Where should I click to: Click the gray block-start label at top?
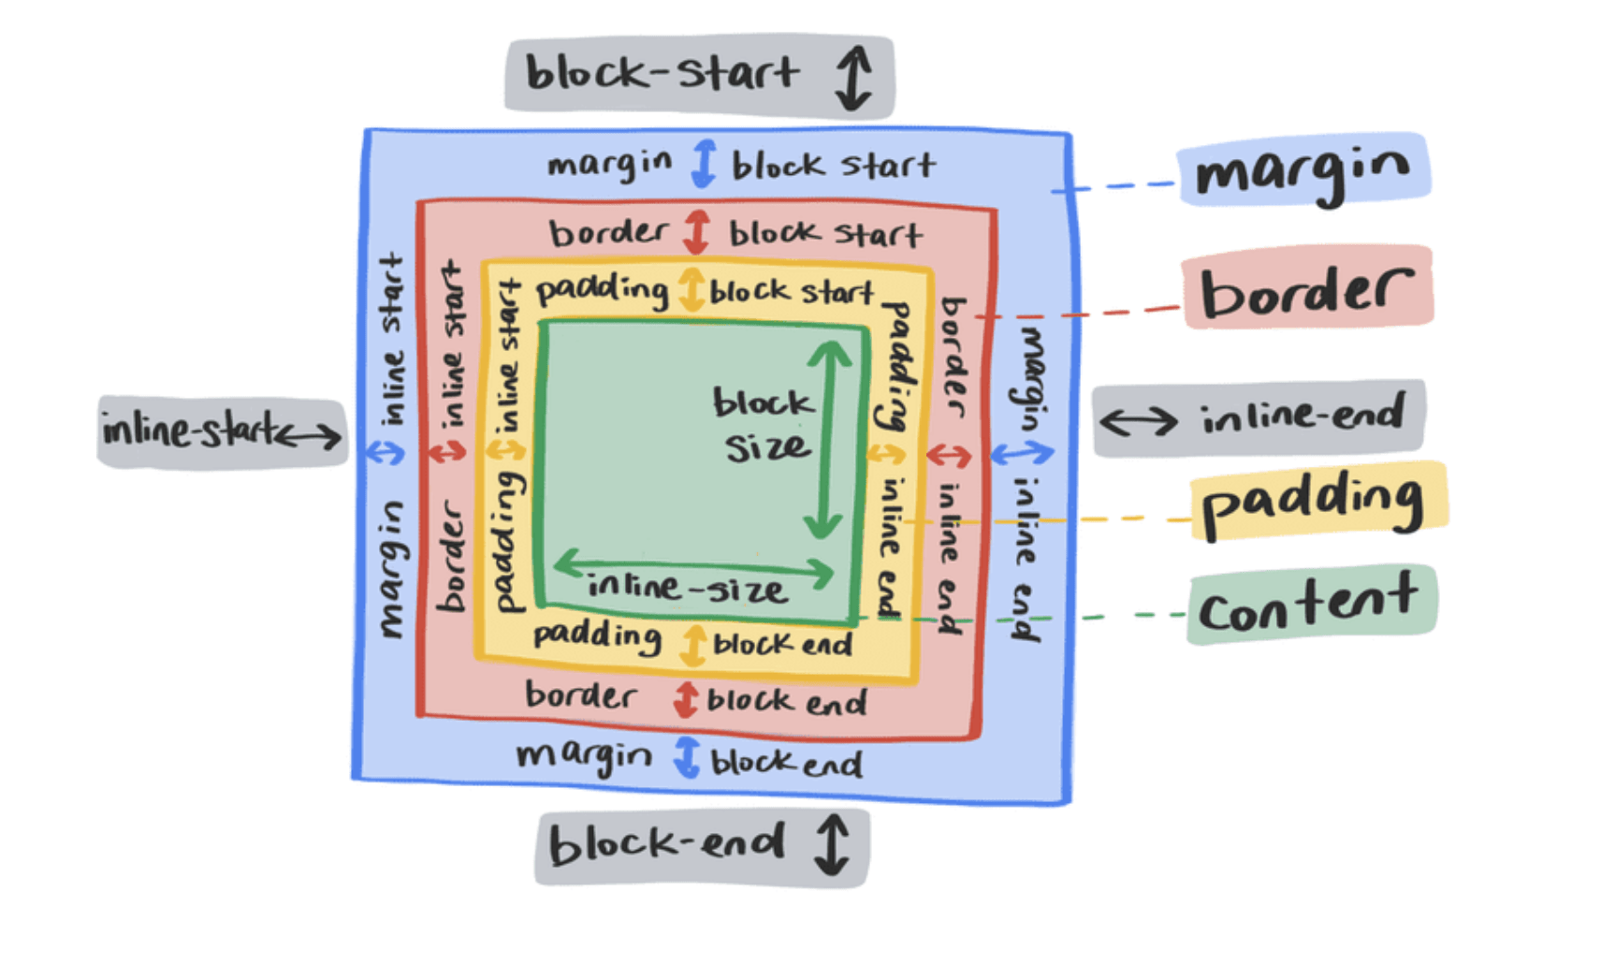coord(700,76)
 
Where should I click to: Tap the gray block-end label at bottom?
coord(702,847)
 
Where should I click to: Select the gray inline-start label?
coord(222,431)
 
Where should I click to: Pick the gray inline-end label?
coord(1259,418)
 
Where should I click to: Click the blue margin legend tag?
coord(1303,169)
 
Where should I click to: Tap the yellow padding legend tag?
coord(1318,501)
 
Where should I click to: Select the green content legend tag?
coord(1312,605)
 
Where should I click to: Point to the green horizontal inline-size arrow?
coord(693,567)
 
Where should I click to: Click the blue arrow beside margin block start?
coord(704,163)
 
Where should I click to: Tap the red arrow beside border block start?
coord(696,232)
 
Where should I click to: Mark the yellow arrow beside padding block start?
coord(691,289)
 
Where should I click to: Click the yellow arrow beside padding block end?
coord(693,645)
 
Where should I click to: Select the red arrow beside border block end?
coord(686,700)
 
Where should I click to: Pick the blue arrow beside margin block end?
coord(688,757)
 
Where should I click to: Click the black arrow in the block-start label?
coord(853,78)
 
